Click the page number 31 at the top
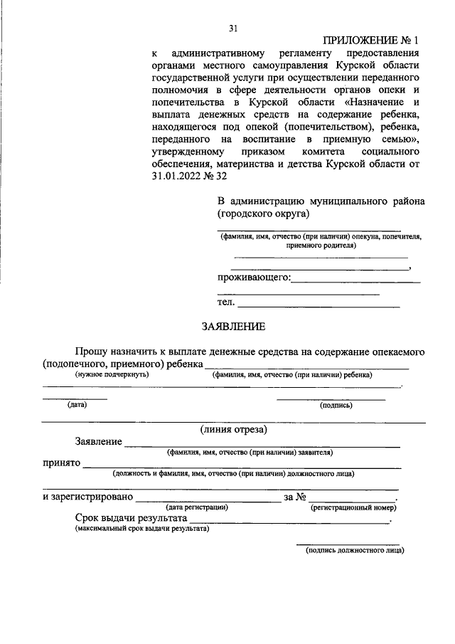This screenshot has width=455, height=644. click(x=232, y=28)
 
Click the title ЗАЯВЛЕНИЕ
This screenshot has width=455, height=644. click(x=234, y=327)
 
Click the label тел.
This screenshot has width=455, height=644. click(x=225, y=302)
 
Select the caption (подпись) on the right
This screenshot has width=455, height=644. click(x=336, y=405)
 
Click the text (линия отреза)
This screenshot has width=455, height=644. click(x=234, y=428)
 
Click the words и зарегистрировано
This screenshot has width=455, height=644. click(x=87, y=496)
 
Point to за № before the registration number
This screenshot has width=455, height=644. click(x=294, y=496)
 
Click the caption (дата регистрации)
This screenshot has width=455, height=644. click(x=196, y=507)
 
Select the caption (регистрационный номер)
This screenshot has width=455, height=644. click(x=353, y=507)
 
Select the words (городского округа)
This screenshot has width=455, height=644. click(x=263, y=213)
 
